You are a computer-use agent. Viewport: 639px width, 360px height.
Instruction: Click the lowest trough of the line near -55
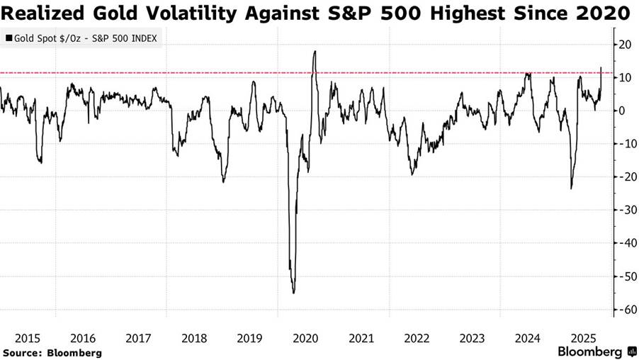(x=293, y=292)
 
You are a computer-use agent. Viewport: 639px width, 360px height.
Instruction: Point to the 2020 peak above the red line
(x=314, y=52)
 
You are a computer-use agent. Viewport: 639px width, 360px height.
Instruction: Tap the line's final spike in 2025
(x=601, y=68)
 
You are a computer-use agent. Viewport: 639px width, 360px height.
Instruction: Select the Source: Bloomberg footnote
(x=52, y=352)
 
